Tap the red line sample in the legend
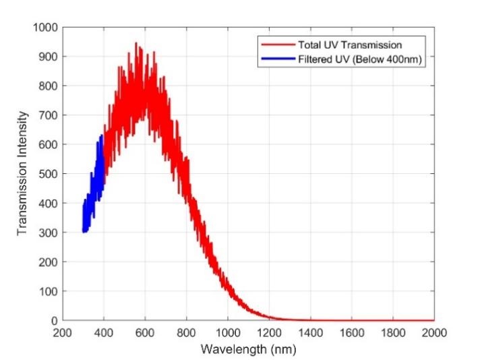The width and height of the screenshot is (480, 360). pos(274,44)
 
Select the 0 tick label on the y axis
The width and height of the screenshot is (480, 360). pos(54,320)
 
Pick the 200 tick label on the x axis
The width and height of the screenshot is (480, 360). pos(63,333)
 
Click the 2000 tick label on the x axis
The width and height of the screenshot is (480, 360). pos(434,333)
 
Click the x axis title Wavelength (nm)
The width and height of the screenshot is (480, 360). pos(248,349)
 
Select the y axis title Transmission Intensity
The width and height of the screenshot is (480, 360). pos(22,174)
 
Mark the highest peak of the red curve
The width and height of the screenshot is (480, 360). pos(136,43)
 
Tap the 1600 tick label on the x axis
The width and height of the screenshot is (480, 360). pos(352,333)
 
